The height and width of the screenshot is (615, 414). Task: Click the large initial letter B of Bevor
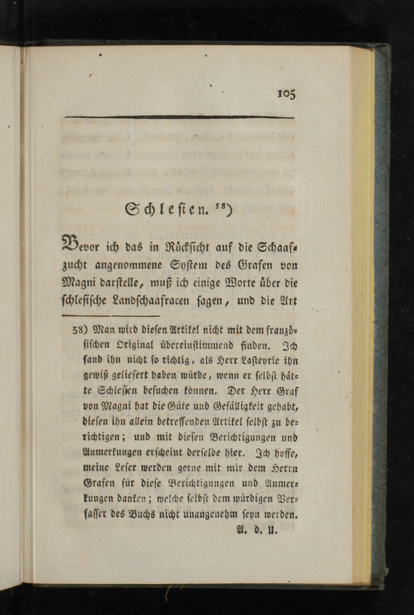tap(70, 242)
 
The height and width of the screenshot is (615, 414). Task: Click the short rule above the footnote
tap(111, 315)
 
